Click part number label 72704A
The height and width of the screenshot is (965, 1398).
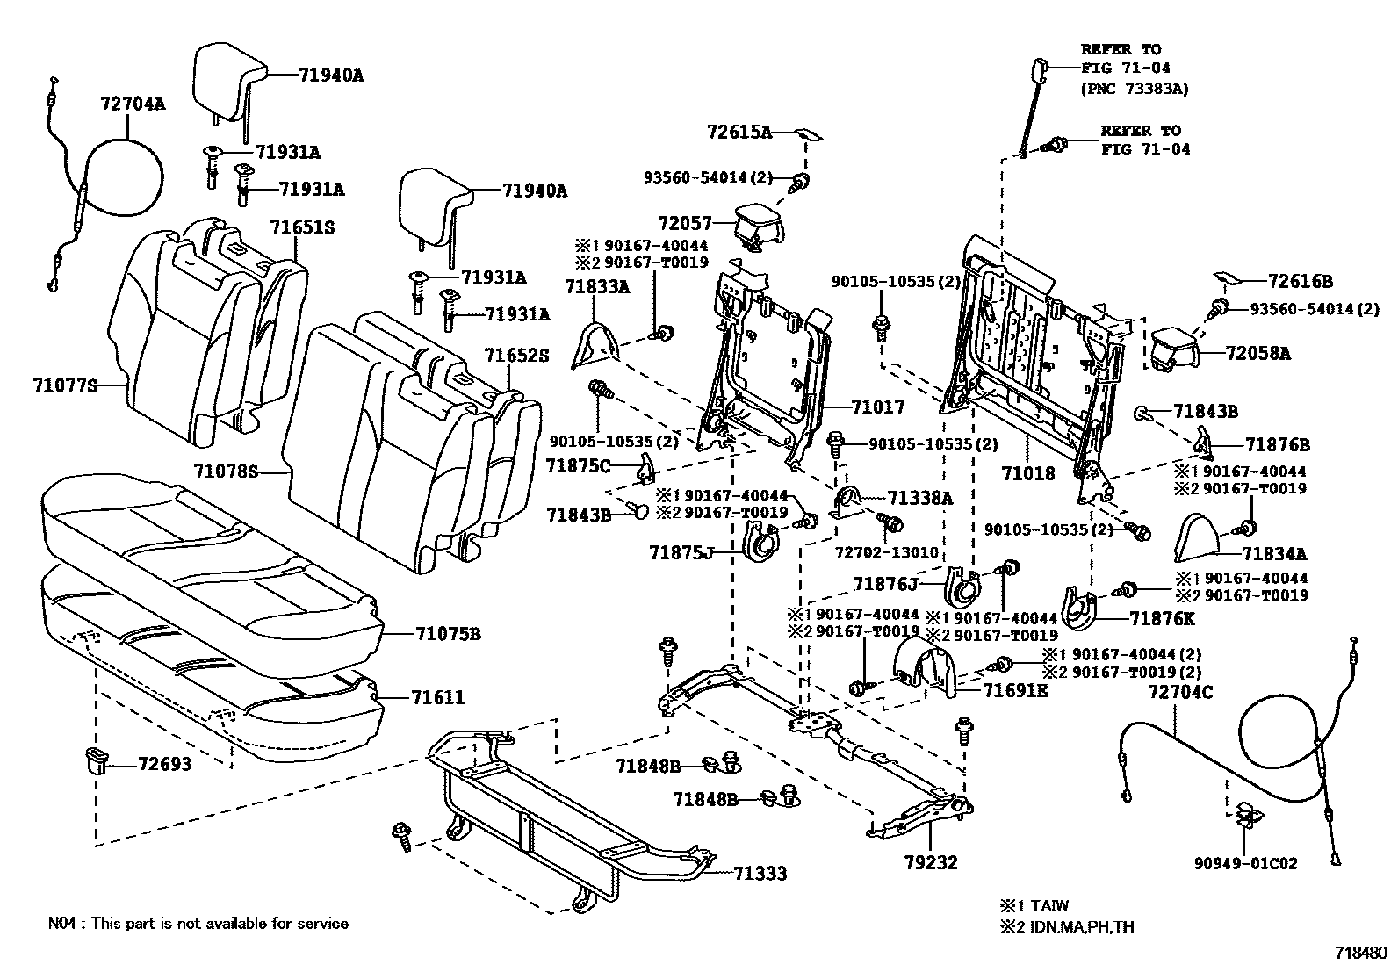[x=132, y=104]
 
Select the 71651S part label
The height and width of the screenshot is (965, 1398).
[x=302, y=227]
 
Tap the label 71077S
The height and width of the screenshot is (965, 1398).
[x=65, y=385]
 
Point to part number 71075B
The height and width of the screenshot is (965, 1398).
[x=447, y=633]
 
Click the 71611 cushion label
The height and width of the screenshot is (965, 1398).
[x=437, y=698]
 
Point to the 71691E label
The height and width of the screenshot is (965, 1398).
[x=1015, y=690]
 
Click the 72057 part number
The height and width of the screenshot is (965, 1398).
[x=685, y=225]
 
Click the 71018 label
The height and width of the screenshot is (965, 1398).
[x=1028, y=473]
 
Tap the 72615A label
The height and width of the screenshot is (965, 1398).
[x=739, y=133]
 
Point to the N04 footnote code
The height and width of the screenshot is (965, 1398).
[x=63, y=923]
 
